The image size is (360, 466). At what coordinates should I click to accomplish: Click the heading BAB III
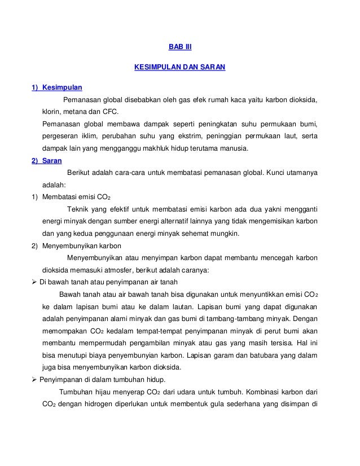click(180, 47)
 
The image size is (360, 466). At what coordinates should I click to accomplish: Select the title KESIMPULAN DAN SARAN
click(179, 67)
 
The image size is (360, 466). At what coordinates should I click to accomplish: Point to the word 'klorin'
click(52, 112)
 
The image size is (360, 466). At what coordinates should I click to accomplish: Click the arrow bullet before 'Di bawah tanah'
click(34, 283)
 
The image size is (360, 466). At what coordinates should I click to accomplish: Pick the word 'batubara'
click(252, 356)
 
